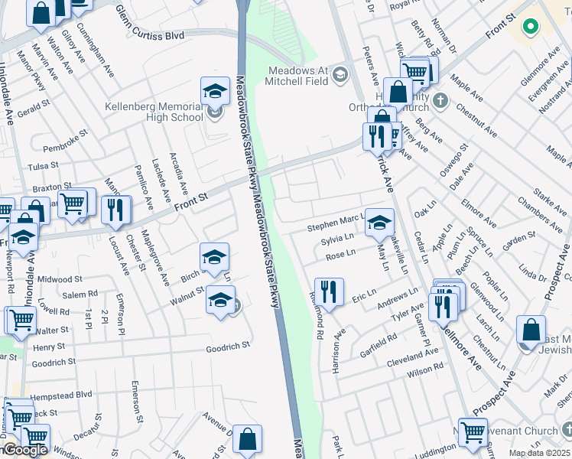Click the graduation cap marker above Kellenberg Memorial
(x=216, y=90)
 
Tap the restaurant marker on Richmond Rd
(x=329, y=291)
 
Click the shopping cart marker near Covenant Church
(x=473, y=431)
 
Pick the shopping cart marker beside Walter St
(x=20, y=320)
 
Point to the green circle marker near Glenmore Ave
(x=529, y=27)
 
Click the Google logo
(x=24, y=451)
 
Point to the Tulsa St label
(x=44, y=165)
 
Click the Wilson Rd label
(x=425, y=371)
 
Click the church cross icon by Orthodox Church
(x=440, y=100)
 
